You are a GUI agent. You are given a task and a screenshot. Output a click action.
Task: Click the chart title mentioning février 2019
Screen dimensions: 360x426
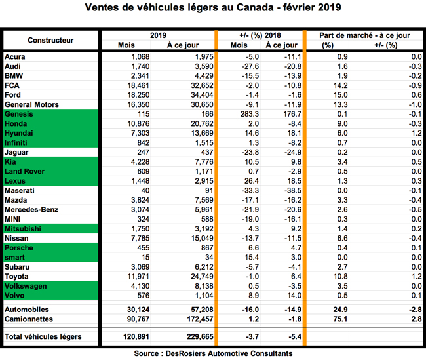(213, 9)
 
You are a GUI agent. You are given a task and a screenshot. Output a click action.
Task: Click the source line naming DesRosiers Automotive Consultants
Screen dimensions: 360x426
(213, 353)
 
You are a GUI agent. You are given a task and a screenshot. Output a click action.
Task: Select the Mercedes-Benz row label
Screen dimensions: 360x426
(31, 210)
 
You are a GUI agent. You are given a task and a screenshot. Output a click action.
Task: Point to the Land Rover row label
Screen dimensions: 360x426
(26, 172)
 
